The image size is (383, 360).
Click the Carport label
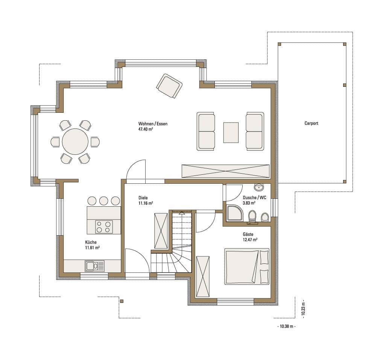pyautogui.click(x=311, y=123)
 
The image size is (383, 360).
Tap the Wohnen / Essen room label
pyautogui.click(x=153, y=124)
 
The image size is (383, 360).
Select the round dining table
pyautogui.click(x=75, y=142)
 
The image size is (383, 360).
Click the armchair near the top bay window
pyautogui.click(x=169, y=86)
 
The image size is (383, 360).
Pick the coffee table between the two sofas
pyautogui.click(x=231, y=132)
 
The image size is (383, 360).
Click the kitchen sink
pyautogui.click(x=94, y=266)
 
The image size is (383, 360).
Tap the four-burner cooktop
pyautogui.click(x=104, y=227)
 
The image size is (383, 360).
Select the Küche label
pyautogui.click(x=91, y=242)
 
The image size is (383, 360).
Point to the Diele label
pyautogui.click(x=143, y=198)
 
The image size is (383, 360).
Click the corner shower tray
pyautogui.click(x=234, y=213)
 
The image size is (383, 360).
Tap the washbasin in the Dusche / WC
pyautogui.click(x=259, y=187)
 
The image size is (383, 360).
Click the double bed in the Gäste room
pyautogui.click(x=247, y=266)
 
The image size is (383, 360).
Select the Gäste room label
pyautogui.click(x=248, y=234)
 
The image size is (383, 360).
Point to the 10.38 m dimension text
pyautogui.click(x=286, y=326)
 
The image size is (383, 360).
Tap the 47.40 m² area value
pyautogui.click(x=146, y=129)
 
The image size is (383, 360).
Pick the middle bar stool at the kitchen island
pyautogui.click(x=103, y=201)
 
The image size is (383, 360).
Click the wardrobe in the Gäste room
pyautogui.click(x=203, y=277)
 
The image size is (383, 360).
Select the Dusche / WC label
pyautogui.click(x=254, y=198)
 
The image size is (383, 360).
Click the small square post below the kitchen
pyautogui.click(x=122, y=301)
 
